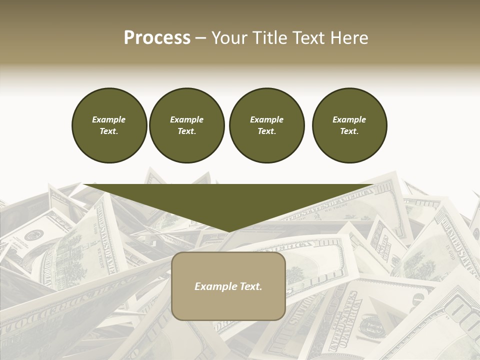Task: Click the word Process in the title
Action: [157, 38]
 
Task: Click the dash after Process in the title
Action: [200, 38]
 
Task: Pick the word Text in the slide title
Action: [309, 38]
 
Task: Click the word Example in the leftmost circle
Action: [109, 119]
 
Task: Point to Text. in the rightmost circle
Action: [349, 131]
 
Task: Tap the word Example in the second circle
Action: [187, 119]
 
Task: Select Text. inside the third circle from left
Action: [267, 131]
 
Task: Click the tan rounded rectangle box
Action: [228, 305]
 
